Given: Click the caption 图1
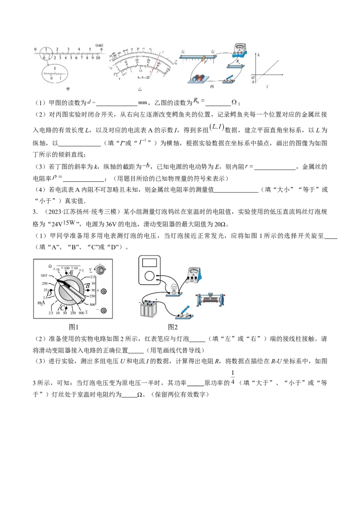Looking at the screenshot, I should coord(73,327).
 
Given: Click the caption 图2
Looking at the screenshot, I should coord(173,327).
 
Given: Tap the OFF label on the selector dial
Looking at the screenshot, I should coord(44,276).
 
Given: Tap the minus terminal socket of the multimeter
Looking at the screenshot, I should coord(104,311).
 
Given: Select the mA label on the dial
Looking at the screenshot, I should coord(42,303).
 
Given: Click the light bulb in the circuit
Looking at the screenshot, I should coord(172,288).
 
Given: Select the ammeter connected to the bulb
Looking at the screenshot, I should coord(194,275).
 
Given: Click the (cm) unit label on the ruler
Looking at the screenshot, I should coord(99,45).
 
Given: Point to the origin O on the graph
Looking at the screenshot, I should coord(253,77).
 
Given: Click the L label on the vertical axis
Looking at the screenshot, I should coord(259,54).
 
